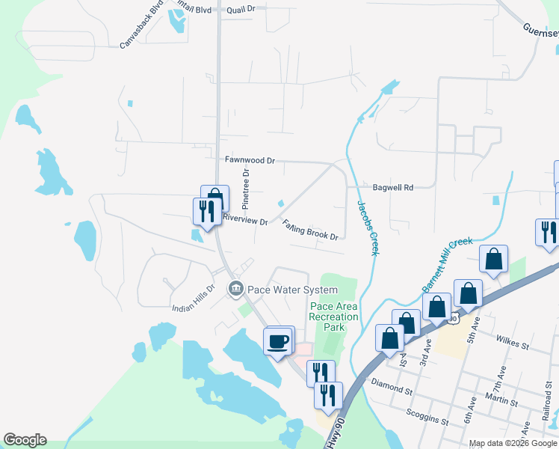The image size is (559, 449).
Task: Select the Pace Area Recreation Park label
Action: (x=334, y=317)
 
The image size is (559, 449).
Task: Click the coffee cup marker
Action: (x=279, y=342)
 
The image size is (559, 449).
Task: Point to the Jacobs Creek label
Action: (x=368, y=227)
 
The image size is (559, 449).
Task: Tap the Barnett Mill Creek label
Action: (x=441, y=259)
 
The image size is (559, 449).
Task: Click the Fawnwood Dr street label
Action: (x=250, y=160)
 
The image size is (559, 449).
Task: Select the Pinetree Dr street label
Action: (x=245, y=188)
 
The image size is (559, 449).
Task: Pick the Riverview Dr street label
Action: (x=245, y=221)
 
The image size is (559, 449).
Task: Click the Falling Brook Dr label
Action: (x=311, y=230)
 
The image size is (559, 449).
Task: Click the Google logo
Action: (x=25, y=440)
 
